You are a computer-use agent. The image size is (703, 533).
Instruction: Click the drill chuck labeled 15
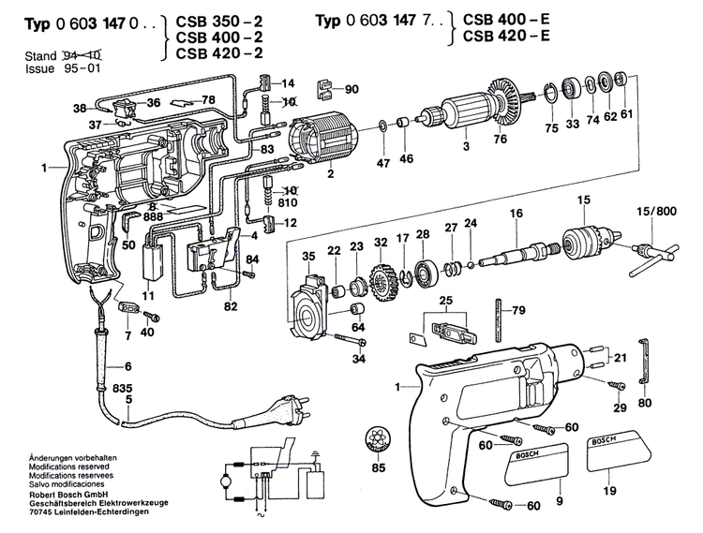(582, 241)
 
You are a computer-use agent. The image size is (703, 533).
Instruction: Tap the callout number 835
(122, 387)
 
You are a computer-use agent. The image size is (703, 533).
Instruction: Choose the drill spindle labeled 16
(524, 252)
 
